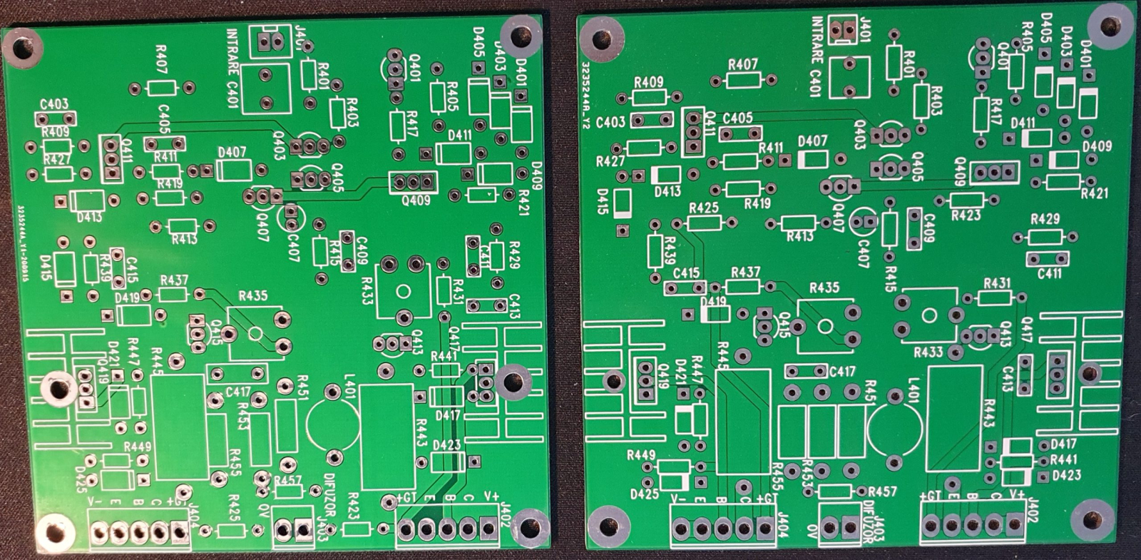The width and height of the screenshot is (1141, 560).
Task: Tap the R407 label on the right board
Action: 743,64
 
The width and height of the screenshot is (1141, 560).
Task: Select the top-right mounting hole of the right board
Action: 1109,27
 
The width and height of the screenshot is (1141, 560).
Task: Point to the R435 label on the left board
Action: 252,295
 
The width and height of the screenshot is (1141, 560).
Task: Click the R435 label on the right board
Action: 824,287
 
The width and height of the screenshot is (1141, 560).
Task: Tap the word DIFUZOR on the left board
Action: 329,495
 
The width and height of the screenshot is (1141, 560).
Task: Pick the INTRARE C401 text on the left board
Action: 232,68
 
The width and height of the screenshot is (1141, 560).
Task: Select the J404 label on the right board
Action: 783,526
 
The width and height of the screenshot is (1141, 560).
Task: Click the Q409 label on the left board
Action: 416,200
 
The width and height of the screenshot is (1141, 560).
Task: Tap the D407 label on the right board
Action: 813,141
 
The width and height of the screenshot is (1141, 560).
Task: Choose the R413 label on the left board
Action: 184,240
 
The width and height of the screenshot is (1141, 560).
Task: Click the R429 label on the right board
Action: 1045,219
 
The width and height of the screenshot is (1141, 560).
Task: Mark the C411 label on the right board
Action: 1049,273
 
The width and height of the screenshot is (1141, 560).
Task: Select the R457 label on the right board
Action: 882,492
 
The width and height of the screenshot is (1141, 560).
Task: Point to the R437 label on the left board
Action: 174,280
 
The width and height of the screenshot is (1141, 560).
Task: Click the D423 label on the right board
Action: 1066,475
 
